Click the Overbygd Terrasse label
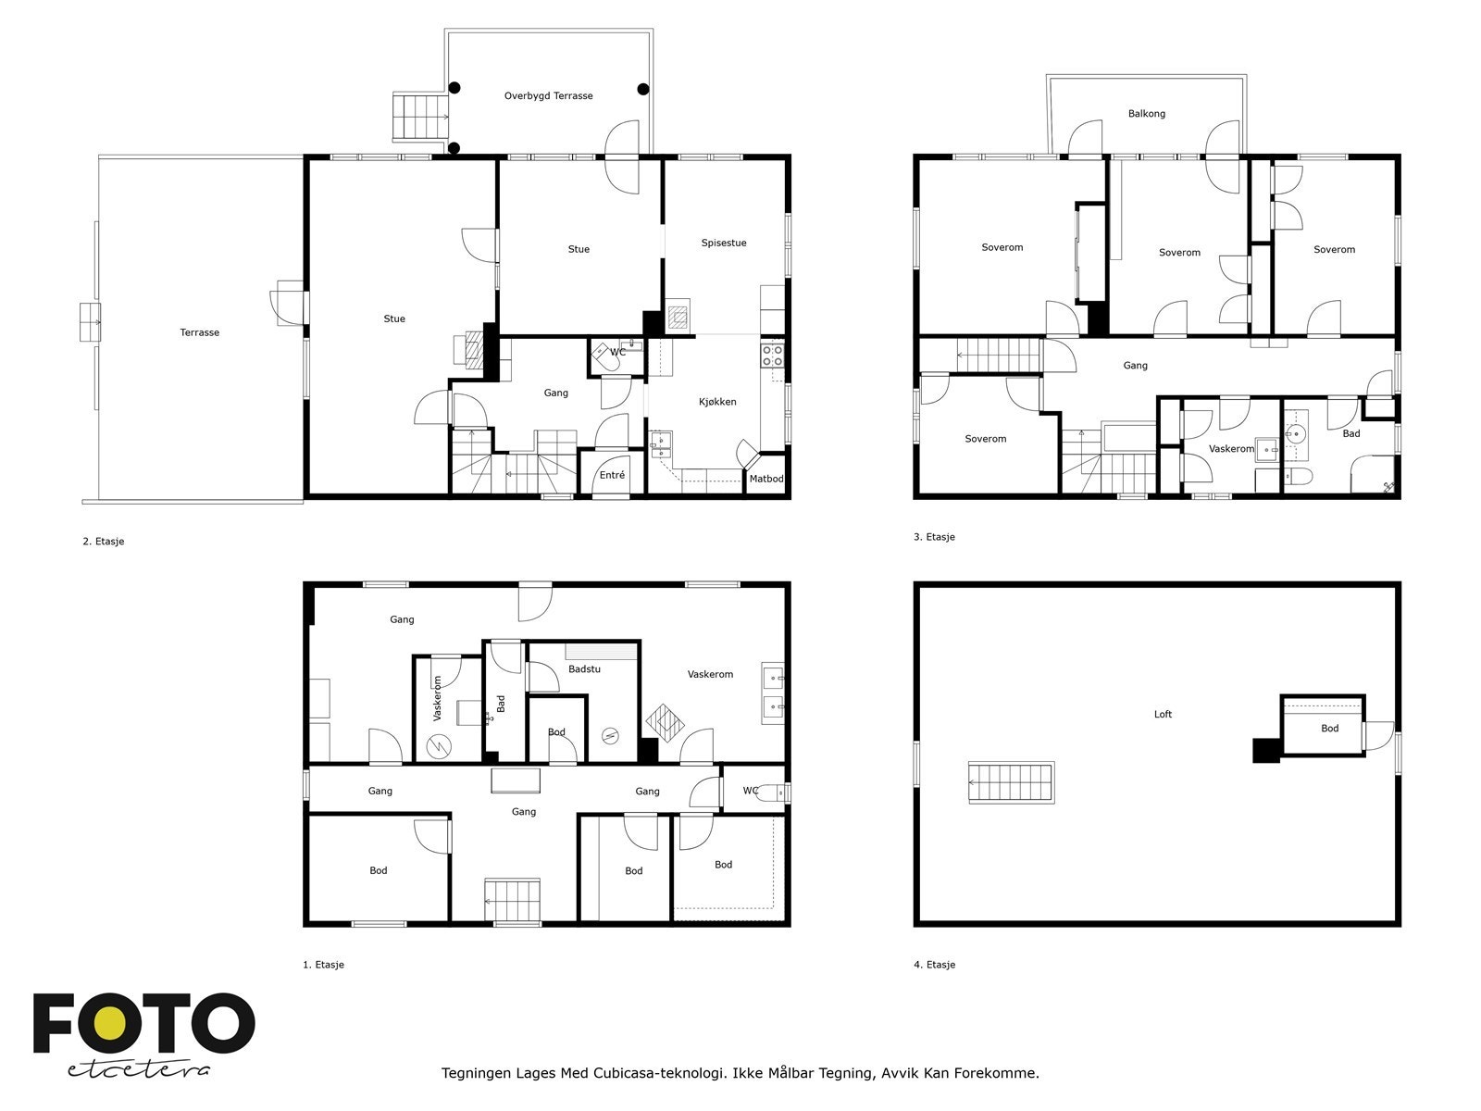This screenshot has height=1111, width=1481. [x=548, y=95]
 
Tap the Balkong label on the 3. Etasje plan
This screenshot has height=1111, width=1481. [x=1146, y=113]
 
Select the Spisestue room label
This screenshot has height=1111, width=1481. [x=723, y=243]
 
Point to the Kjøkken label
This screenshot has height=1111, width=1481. [x=717, y=402]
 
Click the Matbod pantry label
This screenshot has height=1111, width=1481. [x=766, y=479]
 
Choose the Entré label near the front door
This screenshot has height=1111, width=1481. [x=612, y=475]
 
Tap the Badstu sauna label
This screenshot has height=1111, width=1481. [x=584, y=668]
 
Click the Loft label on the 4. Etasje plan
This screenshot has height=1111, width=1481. [x=1163, y=714]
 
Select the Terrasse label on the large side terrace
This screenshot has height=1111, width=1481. [x=199, y=331]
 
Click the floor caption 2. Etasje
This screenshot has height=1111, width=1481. [x=104, y=541]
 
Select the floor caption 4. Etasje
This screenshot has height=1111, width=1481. [x=935, y=965]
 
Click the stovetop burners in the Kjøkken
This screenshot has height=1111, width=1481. [x=772, y=356]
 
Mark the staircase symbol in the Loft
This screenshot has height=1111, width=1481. [x=1011, y=782]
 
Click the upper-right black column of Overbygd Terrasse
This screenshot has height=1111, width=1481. [x=643, y=89]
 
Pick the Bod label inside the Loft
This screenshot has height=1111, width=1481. [x=1329, y=728]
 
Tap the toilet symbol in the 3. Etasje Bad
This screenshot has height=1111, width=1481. [x=1298, y=477]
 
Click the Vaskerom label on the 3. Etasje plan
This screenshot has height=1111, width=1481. [x=1231, y=449]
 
